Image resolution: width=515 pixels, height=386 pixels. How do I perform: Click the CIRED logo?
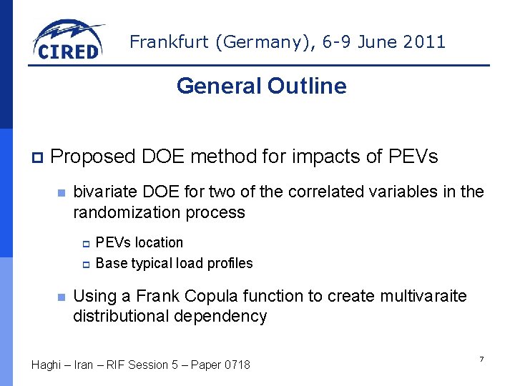tap(68, 41)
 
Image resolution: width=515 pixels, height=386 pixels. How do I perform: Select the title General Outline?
tap(261, 86)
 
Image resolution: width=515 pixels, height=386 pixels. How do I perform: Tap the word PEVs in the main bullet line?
tap(413, 157)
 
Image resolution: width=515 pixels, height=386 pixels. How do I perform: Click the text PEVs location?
tap(139, 243)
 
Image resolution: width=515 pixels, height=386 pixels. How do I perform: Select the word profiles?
tap(230, 263)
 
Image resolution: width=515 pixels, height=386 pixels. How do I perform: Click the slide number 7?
tap(481, 359)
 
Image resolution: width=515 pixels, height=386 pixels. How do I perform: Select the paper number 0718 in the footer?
tap(237, 365)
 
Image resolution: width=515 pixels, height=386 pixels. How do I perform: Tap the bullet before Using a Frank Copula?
tap(62, 297)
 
